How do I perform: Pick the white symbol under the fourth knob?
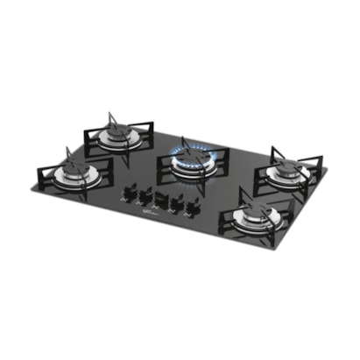coord(172,210)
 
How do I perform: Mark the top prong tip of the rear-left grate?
coord(109,113)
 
